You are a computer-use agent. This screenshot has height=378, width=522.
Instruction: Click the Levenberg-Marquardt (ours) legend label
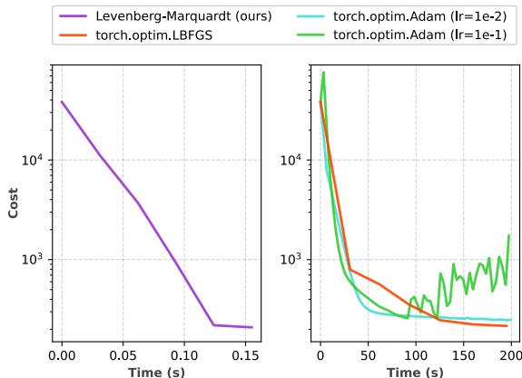pos(183,15)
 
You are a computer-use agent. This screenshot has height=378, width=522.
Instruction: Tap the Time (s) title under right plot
pos(416,372)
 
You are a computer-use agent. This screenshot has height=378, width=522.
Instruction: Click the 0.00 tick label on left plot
pos(62,355)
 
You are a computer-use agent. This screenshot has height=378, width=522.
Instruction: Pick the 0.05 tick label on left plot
pos(123,355)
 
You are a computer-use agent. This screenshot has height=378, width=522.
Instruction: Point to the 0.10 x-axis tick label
pos(183,355)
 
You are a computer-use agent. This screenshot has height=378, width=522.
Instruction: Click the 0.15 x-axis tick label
pos(244,355)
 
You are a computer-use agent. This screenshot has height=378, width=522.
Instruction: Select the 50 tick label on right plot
pos(368,355)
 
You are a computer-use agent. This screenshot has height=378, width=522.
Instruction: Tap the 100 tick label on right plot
pos(416,355)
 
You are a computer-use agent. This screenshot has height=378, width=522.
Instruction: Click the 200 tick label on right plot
pos(511,355)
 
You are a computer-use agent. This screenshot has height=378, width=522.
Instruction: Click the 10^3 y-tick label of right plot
pos(291,260)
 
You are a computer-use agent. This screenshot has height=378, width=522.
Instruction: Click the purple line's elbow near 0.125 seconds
pos(213,324)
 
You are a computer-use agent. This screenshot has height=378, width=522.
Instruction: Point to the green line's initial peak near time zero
pos(323,73)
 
